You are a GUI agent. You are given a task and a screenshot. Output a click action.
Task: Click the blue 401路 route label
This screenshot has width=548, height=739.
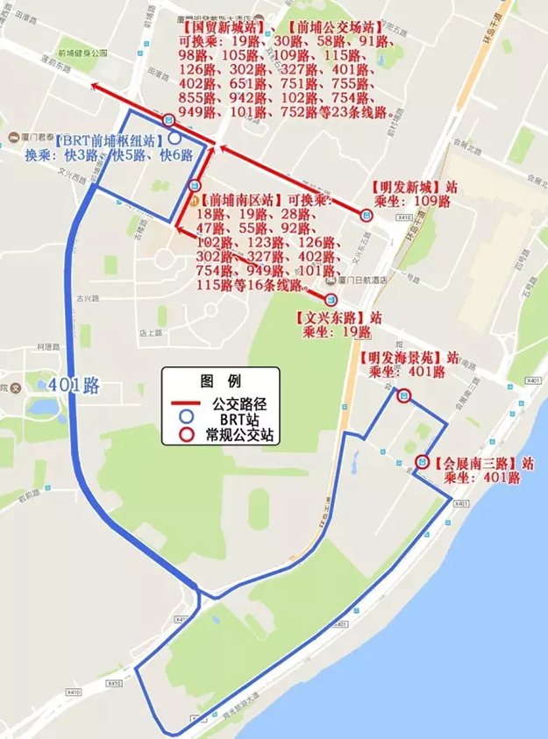(75, 385)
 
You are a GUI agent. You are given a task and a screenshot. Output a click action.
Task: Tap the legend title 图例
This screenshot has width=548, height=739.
(221, 381)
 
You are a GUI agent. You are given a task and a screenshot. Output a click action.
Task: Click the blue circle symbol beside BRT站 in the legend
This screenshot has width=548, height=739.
(186, 419)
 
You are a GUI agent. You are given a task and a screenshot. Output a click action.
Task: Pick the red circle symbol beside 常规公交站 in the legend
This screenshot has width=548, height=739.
(186, 434)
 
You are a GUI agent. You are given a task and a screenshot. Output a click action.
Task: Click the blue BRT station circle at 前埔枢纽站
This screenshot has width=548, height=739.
(174, 139)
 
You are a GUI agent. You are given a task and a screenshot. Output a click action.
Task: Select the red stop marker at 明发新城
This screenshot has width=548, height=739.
(366, 212)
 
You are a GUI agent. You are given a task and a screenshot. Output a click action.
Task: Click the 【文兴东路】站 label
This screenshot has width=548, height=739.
(338, 316)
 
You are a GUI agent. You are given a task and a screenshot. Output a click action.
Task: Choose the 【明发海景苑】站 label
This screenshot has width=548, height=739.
(409, 358)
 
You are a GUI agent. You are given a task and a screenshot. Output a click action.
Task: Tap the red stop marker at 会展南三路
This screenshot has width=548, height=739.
(422, 462)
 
